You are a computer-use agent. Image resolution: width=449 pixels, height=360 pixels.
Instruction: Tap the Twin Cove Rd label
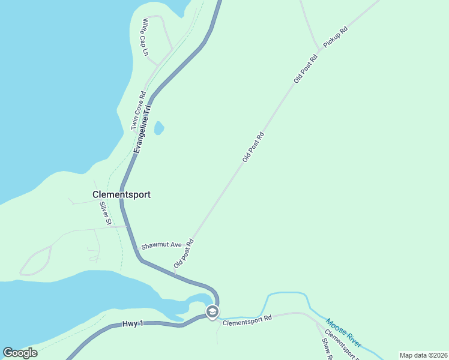click(139, 111)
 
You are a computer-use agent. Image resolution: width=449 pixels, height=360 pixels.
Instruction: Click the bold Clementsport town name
click(121, 194)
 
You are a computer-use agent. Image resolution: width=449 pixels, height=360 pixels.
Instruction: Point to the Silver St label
click(106, 213)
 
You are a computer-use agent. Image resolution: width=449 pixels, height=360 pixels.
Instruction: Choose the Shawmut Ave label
click(161, 245)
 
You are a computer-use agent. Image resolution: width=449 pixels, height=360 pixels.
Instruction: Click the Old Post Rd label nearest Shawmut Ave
click(184, 254)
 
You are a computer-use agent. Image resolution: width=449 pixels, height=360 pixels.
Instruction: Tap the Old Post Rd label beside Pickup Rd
click(306, 69)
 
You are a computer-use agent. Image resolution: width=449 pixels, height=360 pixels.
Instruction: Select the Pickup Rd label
click(336, 37)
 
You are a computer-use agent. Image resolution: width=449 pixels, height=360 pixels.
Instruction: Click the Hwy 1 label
click(133, 323)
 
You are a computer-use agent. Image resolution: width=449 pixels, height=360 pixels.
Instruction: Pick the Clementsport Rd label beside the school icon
click(247, 322)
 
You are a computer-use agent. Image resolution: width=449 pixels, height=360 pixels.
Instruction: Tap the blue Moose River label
click(345, 333)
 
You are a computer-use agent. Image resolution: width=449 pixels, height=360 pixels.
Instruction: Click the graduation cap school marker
click(212, 311)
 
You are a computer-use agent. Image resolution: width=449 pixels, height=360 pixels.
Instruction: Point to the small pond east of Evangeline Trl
click(159, 128)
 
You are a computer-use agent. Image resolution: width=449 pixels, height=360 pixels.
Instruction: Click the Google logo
click(20, 353)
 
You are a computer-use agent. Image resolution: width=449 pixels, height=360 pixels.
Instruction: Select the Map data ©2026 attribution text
click(423, 355)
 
